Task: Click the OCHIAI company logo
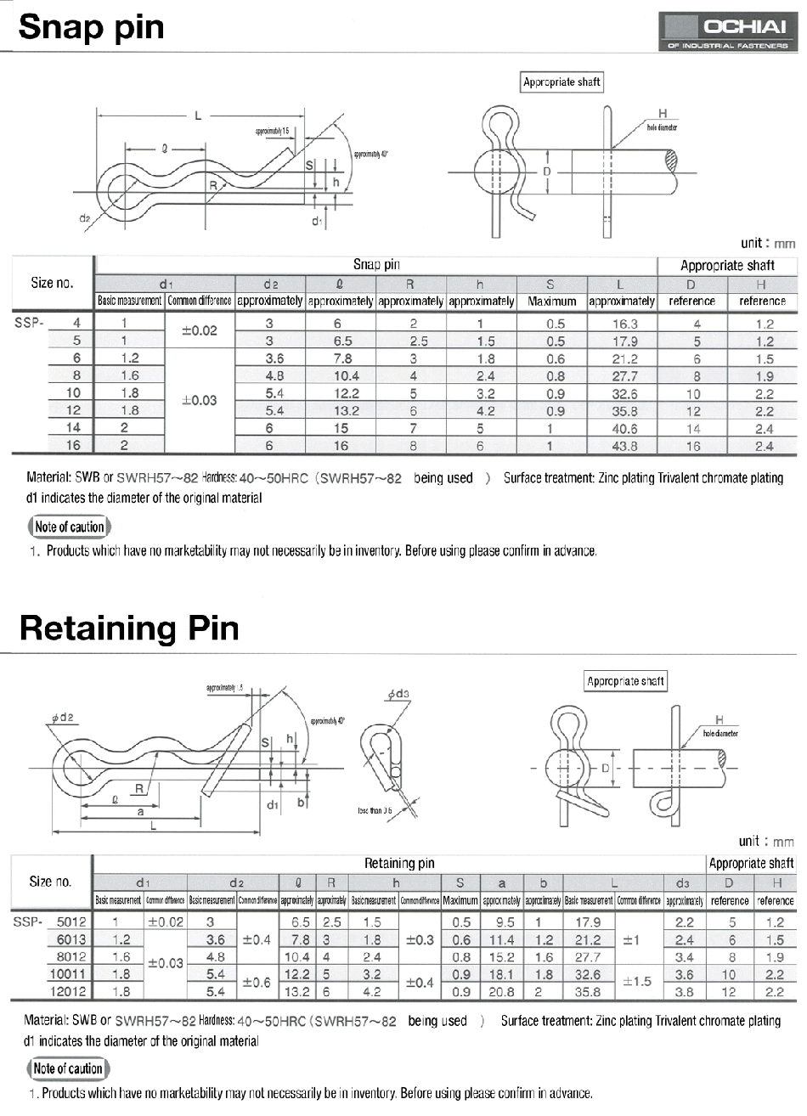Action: click(729, 33)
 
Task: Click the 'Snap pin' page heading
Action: click(91, 27)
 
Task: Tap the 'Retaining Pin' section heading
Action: click(128, 629)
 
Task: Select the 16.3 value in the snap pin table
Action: click(624, 324)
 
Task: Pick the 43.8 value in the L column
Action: click(624, 446)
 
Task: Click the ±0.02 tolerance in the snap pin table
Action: click(200, 331)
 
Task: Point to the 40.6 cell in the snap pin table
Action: click(624, 429)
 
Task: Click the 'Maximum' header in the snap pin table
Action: click(552, 302)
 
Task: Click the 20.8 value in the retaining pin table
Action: click(501, 991)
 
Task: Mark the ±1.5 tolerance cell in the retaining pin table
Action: click(638, 982)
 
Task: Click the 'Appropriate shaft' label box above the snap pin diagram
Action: click(562, 82)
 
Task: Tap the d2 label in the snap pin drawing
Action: click(84, 218)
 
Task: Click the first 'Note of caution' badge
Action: click(70, 527)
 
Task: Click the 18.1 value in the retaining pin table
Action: click(501, 974)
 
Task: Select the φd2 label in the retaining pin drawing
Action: click(62, 718)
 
